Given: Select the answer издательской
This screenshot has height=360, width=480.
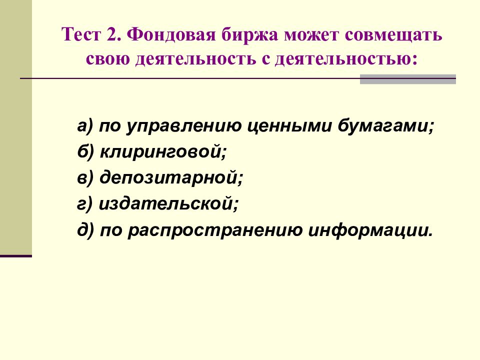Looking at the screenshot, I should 167,203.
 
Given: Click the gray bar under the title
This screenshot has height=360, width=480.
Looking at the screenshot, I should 408,79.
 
